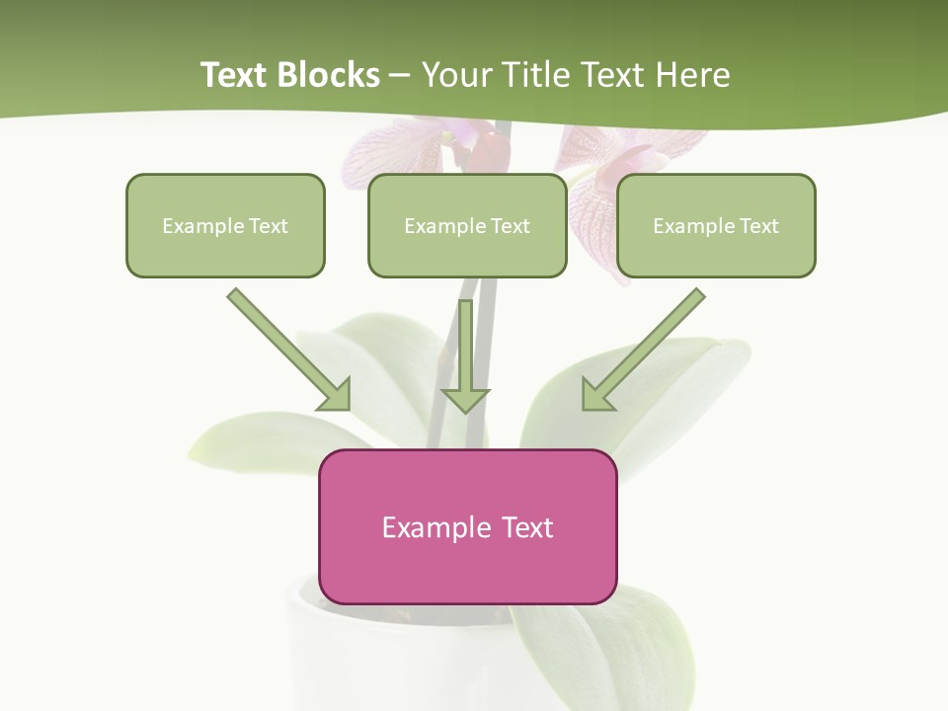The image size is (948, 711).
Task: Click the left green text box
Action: (225, 225)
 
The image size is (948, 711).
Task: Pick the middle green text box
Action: (467, 225)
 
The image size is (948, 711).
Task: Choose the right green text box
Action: (716, 225)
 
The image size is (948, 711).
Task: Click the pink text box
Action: (467, 526)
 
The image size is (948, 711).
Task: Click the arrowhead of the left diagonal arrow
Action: (337, 395)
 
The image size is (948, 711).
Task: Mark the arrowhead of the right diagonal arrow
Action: (595, 395)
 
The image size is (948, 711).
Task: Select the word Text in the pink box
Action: (528, 527)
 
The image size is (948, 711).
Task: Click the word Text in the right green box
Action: (758, 226)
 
